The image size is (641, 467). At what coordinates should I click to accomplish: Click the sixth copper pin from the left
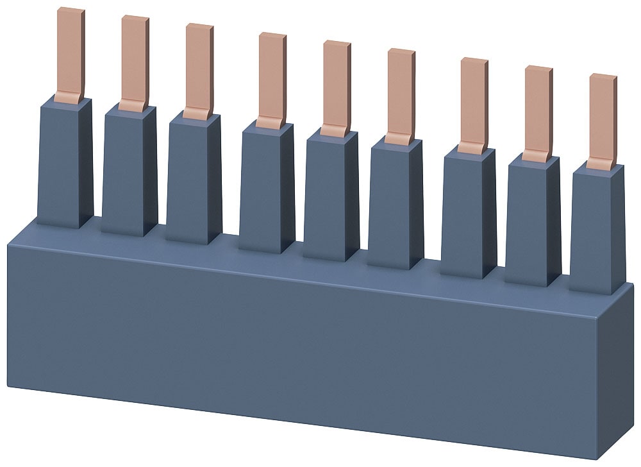(x=401, y=96)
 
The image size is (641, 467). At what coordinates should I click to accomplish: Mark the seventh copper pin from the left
(x=474, y=105)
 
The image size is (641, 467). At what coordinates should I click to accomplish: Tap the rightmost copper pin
(x=603, y=121)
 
